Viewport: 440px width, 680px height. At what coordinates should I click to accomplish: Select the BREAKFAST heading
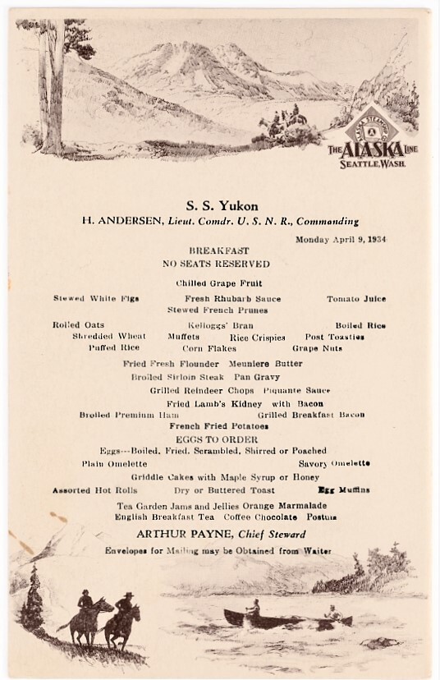(x=219, y=250)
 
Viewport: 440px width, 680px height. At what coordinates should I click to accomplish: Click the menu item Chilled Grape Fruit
(x=218, y=283)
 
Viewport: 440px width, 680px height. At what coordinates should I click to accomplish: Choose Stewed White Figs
(x=96, y=298)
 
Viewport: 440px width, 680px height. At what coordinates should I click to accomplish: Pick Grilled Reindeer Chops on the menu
(x=192, y=391)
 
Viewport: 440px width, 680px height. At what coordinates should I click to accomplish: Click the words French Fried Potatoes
(x=218, y=427)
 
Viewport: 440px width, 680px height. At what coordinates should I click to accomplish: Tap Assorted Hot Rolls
(x=86, y=490)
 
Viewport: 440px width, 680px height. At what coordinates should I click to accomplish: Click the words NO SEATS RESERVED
(x=218, y=264)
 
